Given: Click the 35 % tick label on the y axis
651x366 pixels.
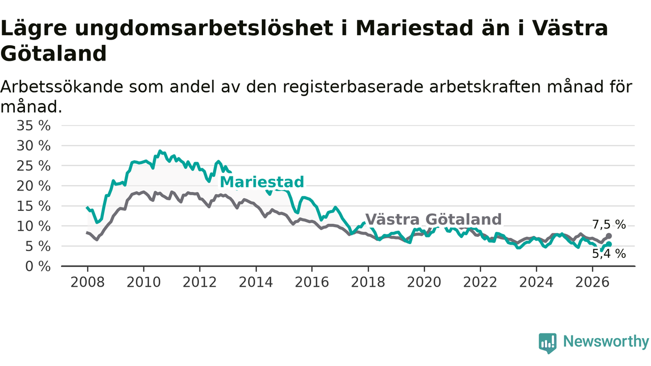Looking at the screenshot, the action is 34,126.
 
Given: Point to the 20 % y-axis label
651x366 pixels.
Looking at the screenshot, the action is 34,186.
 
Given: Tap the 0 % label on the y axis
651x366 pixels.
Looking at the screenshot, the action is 38,267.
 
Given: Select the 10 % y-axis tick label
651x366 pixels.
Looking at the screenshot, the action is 34,226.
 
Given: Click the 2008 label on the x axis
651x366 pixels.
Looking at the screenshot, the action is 87,282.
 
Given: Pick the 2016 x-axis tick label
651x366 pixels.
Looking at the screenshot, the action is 312,282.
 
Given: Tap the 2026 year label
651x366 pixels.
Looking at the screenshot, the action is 593,282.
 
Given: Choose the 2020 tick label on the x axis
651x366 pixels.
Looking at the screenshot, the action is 424,282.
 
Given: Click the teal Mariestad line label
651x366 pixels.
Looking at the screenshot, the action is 262,182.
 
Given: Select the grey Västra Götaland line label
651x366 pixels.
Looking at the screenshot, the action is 433,219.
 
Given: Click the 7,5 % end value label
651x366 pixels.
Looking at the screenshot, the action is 609,225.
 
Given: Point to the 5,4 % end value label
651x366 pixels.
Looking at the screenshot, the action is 609,254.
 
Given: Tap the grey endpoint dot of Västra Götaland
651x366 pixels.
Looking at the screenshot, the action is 609,236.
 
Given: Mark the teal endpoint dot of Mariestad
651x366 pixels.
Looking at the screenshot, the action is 609,245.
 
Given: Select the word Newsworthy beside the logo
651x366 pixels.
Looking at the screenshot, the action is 606,341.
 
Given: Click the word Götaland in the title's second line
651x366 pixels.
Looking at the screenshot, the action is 54,54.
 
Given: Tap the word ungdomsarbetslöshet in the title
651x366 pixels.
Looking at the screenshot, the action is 204,29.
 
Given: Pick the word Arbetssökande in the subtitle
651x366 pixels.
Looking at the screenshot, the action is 62,86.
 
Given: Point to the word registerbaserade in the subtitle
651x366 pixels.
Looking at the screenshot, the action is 353,87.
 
